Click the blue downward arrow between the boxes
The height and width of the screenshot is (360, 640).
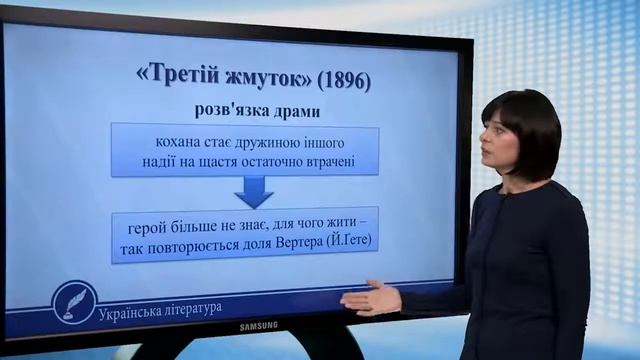tap(254, 189)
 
